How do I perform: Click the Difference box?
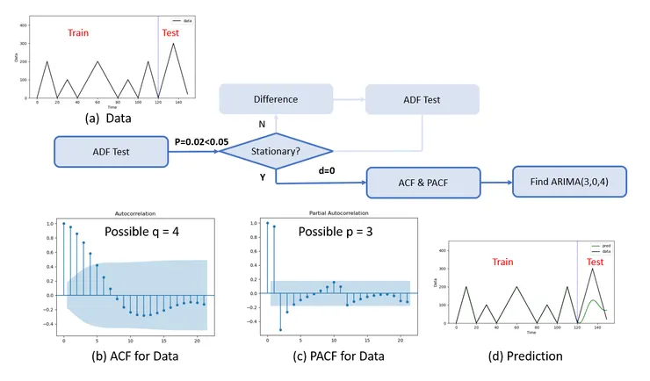(x=276, y=99)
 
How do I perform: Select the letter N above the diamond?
(x=262, y=124)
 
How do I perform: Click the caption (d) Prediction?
(x=524, y=356)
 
